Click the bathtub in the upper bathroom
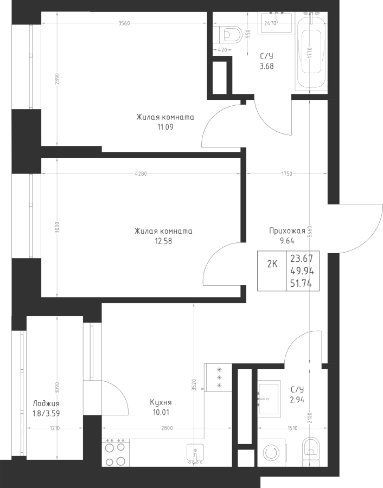tap(311, 52)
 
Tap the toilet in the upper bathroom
tap(231, 35)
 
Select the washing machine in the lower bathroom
tap(273, 453)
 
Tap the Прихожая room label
tap(287, 230)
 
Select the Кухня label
tap(161, 402)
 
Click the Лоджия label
tap(46, 403)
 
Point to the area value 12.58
tap(163, 241)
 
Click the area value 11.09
tap(165, 127)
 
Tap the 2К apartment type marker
tap(272, 264)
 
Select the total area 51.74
tap(301, 284)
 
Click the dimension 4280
tap(141, 174)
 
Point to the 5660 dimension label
tap(309, 232)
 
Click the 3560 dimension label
tap(124, 23)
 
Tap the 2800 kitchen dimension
tap(167, 428)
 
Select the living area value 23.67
tap(302, 259)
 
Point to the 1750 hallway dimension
tap(287, 174)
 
